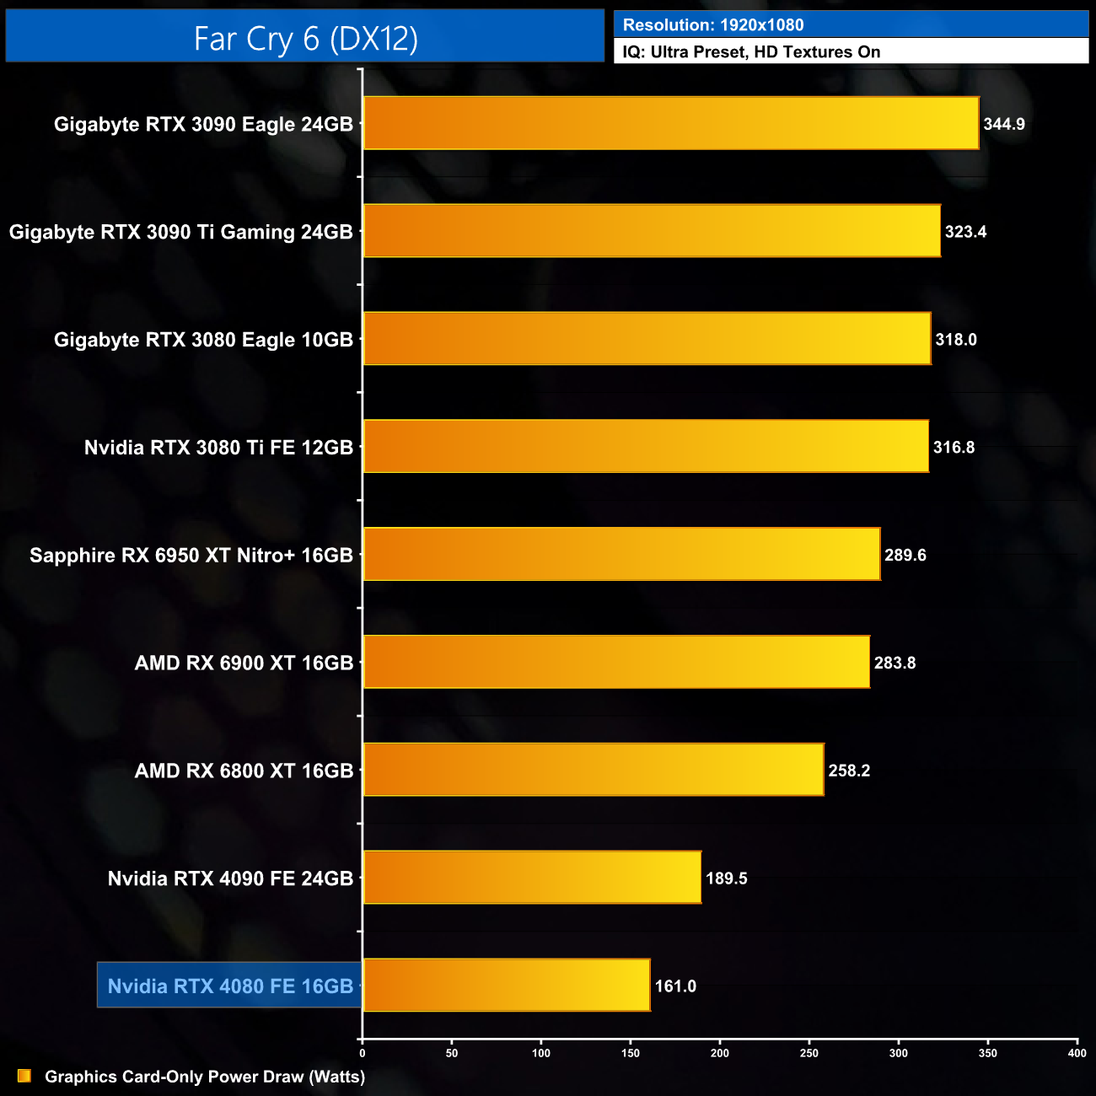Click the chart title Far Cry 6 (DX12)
(305, 38)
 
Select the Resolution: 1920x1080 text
(713, 25)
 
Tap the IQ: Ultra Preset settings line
(751, 52)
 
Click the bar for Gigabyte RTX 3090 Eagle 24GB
(670, 124)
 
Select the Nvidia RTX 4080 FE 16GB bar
(506, 986)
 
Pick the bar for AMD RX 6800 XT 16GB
(593, 770)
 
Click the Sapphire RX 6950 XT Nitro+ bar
(621, 555)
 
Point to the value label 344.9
(1004, 125)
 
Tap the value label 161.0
(675, 986)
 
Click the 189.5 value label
(727, 878)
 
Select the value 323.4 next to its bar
(965, 232)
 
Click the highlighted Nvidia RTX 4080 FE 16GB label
(230, 986)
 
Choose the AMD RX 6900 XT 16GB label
(244, 664)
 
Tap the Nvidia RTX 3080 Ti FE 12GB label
(218, 448)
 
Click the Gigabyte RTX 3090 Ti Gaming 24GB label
(180, 232)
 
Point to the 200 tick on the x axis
(720, 1053)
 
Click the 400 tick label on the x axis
(1077, 1053)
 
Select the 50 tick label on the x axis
(452, 1053)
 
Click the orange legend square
(24, 1077)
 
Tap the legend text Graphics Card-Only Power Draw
(205, 1077)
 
